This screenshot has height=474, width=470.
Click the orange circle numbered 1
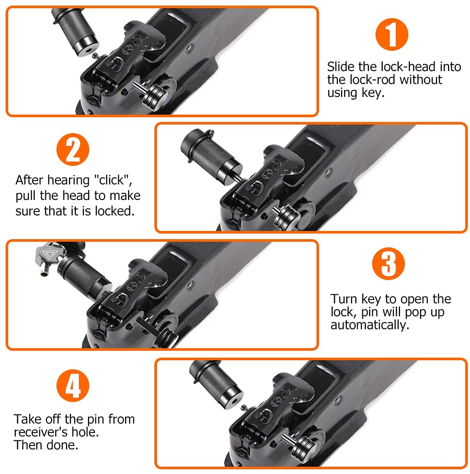[x=392, y=34]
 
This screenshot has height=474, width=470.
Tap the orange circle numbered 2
[x=73, y=150]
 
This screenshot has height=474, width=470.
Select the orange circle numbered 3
[x=389, y=263]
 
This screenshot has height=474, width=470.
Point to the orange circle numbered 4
[x=73, y=385]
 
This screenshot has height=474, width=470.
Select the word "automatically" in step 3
[x=370, y=325]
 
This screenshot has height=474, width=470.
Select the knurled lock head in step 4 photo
[x=216, y=384]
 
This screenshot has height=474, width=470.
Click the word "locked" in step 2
[x=115, y=211]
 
